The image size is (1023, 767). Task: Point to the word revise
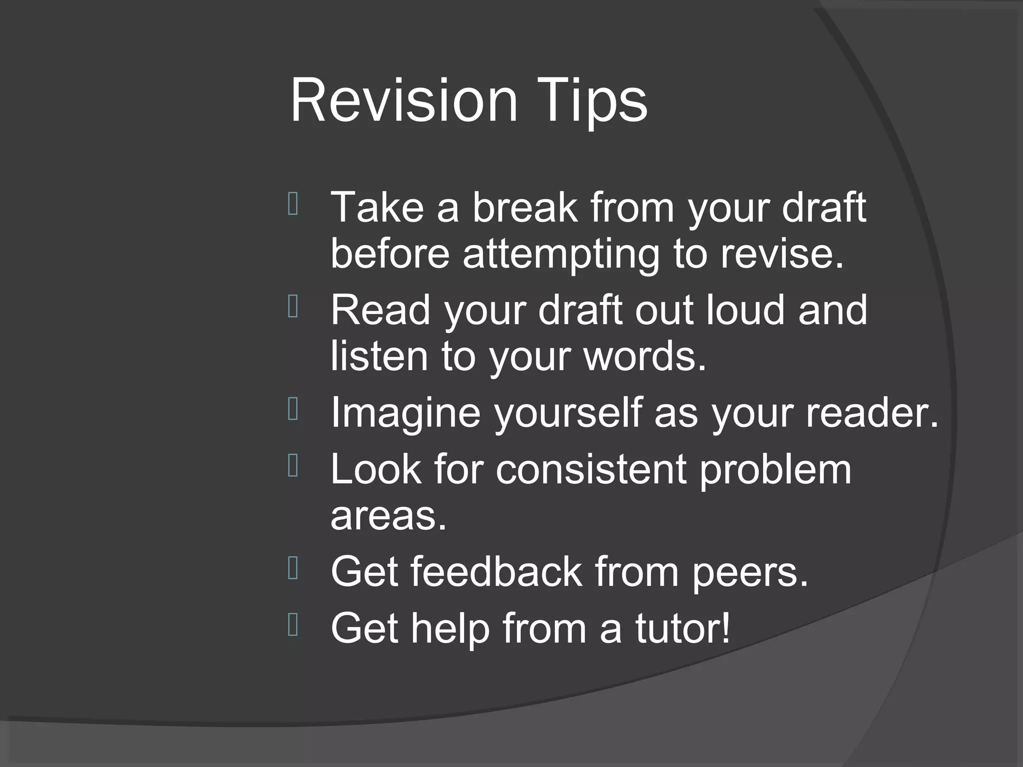click(x=782, y=254)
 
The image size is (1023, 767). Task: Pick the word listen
click(x=379, y=356)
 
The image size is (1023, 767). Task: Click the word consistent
click(x=590, y=469)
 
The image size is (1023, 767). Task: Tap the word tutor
click(x=682, y=628)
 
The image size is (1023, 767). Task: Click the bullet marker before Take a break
click(x=293, y=204)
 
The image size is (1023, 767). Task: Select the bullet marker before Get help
click(x=293, y=625)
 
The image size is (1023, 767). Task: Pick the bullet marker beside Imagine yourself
click(x=293, y=409)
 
